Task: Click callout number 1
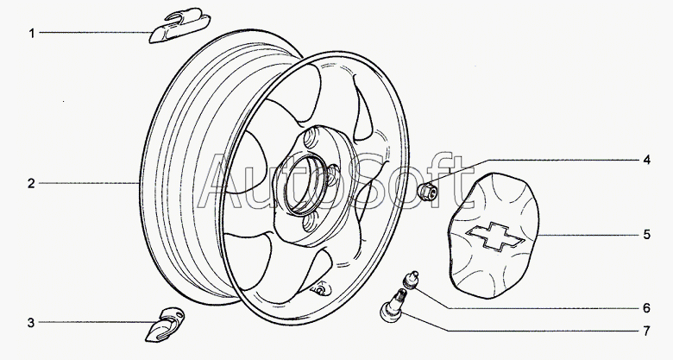click(x=31, y=34)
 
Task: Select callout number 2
click(x=31, y=183)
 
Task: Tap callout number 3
click(x=31, y=324)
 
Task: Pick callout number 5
click(x=645, y=234)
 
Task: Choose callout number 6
click(x=645, y=307)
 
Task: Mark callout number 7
click(x=645, y=331)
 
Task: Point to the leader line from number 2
click(x=86, y=183)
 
